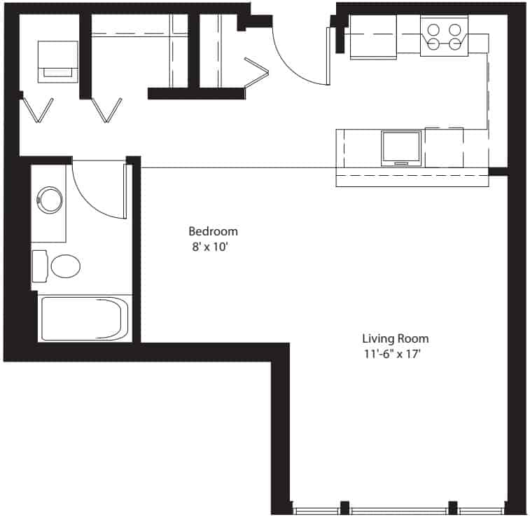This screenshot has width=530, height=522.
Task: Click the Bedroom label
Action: [x=213, y=231]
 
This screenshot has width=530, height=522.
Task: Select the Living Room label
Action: [x=396, y=339]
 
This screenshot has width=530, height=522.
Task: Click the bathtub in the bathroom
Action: [x=85, y=319]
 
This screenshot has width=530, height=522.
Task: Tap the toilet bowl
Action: [x=66, y=266]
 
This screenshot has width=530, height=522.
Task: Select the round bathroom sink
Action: [x=50, y=200]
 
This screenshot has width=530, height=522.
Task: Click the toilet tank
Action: [x=39, y=266]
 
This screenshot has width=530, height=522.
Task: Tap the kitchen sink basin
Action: [x=401, y=147]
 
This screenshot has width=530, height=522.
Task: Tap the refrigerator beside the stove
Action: [x=373, y=36]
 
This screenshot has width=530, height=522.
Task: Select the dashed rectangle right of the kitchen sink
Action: [x=444, y=147]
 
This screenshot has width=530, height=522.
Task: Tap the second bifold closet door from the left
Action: [x=108, y=109]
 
